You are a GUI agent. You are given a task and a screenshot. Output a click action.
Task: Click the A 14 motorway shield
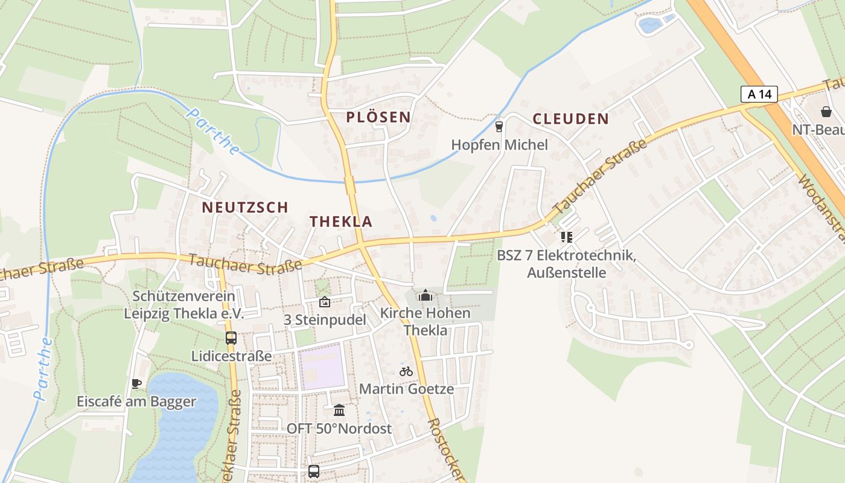point(759,94)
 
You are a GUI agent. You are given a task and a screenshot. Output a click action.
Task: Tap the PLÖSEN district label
point(378,117)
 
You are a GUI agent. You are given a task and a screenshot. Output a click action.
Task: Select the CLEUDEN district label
point(570,118)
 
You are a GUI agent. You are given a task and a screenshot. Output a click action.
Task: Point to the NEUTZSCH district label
point(245,208)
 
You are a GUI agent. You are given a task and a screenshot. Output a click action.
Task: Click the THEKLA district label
point(341,222)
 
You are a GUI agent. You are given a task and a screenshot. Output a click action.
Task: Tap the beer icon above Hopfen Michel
point(499,126)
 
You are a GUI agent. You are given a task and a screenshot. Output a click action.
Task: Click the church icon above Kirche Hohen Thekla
point(426,295)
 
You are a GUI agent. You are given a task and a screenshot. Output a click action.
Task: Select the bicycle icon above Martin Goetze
point(406,371)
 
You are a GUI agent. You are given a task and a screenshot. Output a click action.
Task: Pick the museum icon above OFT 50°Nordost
point(339,411)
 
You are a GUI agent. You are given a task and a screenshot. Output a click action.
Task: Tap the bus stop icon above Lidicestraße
point(231,338)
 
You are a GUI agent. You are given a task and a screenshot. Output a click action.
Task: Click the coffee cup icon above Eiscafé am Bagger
point(136,383)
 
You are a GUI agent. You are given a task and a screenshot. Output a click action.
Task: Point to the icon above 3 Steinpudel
point(325,302)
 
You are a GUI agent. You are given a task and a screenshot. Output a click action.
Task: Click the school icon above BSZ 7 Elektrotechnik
point(566,237)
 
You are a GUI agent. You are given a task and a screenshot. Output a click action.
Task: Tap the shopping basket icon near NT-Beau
point(826,112)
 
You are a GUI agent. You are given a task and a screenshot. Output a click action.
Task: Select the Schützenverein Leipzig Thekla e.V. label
point(183,305)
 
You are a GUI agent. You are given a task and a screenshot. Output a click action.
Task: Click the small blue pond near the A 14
point(649,25)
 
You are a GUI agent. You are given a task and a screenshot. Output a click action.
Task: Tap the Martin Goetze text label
point(406,389)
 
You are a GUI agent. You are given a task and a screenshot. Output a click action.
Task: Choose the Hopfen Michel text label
point(500,145)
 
